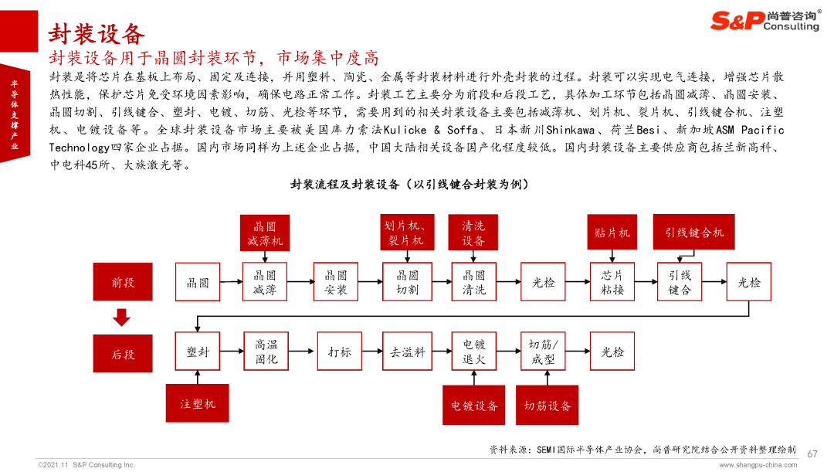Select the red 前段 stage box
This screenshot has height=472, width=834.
123,281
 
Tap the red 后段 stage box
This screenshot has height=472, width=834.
123,353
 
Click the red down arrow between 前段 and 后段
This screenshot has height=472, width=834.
122,317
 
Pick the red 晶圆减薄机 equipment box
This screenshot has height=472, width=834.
265,233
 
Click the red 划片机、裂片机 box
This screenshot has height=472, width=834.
408,233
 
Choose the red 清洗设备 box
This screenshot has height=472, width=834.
473,233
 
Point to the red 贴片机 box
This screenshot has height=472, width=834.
612,232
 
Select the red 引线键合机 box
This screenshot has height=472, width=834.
694,232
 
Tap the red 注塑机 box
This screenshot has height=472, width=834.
198,403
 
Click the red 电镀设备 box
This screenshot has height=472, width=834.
474,406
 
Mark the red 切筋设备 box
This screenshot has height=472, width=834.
548,406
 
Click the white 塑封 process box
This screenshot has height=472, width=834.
198,351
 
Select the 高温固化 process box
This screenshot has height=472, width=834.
266,351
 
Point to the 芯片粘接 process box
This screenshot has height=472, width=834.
612,282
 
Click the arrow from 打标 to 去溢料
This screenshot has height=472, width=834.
372,351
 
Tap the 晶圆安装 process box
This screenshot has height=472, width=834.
336,282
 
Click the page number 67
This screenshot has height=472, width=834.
812,454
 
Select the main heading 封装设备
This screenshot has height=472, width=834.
97,35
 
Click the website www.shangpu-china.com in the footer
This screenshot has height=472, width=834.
758,465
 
